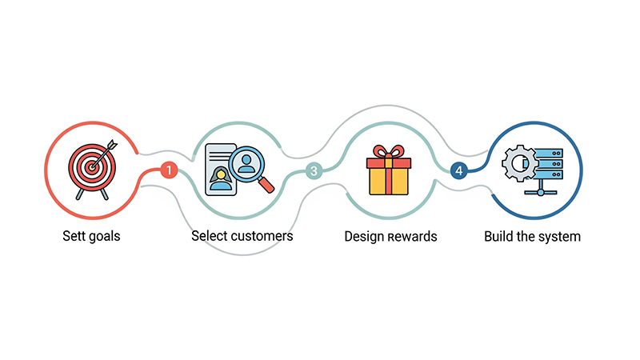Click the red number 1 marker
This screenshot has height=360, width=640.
pos(169,170)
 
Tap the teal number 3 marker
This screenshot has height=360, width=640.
pos(314,171)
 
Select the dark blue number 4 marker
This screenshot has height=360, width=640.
pos(458,170)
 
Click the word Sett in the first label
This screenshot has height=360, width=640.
pos(74,236)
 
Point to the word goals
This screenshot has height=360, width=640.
pos(105,237)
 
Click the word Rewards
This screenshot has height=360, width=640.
pos(411,237)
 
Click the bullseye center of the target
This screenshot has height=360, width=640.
pos(93,166)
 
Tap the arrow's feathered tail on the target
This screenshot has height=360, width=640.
pos(112,145)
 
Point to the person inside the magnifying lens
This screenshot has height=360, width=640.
pos(246,163)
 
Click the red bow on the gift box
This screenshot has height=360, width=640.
pos(389,152)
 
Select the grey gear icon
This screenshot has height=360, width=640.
pos(518,163)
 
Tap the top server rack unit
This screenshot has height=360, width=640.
pos(548,153)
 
